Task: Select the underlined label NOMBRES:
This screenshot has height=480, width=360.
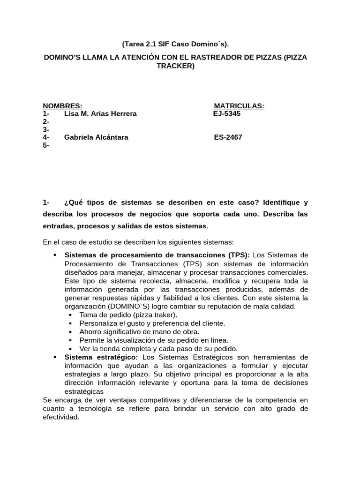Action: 62,106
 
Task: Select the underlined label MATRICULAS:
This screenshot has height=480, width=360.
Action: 239,106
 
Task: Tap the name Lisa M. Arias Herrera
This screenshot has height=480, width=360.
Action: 100,114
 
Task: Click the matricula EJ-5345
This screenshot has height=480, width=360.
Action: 227,114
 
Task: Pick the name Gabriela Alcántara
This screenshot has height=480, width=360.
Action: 96,137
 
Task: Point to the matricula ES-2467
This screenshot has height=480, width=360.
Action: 228,137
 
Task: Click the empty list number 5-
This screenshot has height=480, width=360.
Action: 46,145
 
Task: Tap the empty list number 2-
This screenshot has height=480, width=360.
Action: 46,122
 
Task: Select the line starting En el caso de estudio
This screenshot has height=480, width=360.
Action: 138,242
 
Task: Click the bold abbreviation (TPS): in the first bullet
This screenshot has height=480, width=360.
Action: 240,255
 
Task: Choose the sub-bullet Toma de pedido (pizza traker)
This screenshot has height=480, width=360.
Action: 128,315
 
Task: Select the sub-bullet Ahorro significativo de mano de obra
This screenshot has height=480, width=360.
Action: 140,332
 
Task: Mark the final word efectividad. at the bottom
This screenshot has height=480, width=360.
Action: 61,416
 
